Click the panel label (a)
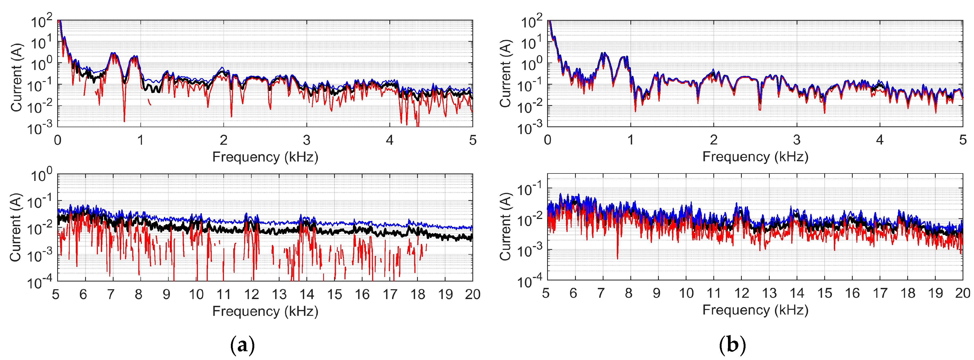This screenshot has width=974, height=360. [242, 345]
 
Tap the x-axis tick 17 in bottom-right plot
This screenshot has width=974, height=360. [880, 293]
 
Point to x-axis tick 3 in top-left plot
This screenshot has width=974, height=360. [307, 140]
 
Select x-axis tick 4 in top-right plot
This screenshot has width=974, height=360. [880, 140]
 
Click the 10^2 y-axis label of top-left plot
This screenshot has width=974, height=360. [41, 22]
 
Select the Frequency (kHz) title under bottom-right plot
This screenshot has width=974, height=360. [755, 310]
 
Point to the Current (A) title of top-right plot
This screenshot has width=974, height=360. [506, 74]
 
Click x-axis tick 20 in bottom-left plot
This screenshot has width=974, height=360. [472, 294]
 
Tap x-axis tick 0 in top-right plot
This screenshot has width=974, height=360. [547, 140]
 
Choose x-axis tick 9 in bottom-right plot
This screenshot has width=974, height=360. [656, 293]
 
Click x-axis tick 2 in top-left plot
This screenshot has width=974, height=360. [223, 140]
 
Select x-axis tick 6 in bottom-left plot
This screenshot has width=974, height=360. [83, 294]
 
